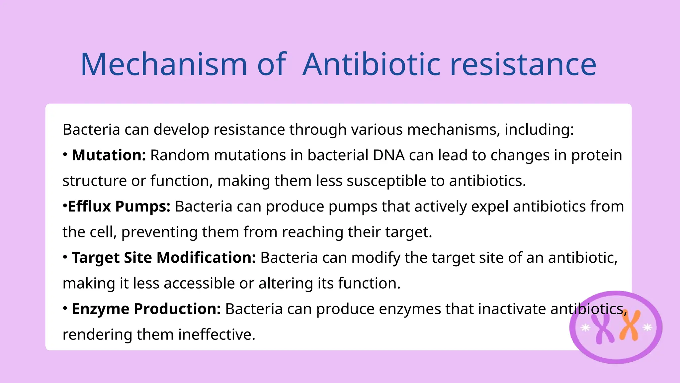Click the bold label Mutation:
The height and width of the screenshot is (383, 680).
109,155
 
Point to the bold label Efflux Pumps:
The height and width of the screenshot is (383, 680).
119,206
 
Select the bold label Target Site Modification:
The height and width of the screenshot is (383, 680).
164,258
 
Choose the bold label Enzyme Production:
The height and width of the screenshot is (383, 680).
146,309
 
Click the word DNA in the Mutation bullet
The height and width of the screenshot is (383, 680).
389,155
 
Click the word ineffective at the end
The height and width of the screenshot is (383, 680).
216,334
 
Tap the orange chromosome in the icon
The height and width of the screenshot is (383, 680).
630,326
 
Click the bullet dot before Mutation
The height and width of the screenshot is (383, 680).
65,155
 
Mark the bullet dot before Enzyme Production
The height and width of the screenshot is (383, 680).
65,308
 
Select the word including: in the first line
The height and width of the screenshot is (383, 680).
539,130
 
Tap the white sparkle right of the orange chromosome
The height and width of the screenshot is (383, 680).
647,328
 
